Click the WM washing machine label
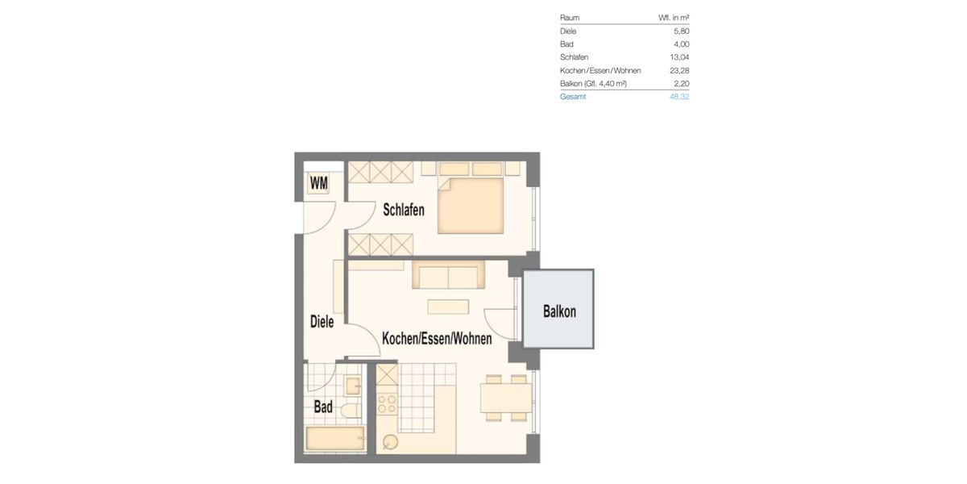point(319,184)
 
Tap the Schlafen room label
point(404,211)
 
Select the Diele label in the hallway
point(322,321)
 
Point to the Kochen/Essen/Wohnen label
point(437,339)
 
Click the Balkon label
point(559,311)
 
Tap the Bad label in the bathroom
point(323,407)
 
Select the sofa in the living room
point(448,276)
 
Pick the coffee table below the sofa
point(447,307)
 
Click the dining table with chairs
point(505,395)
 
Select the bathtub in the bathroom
point(334,440)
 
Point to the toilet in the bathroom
point(350,410)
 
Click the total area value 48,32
point(679,97)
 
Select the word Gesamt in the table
point(573,97)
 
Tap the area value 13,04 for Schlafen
point(679,57)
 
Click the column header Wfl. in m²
point(674,18)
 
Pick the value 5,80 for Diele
point(681,31)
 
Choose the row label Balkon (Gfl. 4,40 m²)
point(593,84)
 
